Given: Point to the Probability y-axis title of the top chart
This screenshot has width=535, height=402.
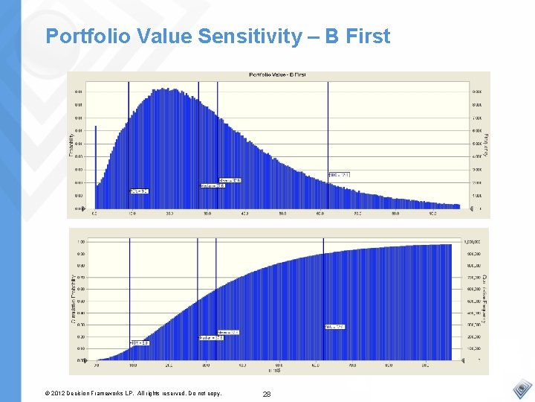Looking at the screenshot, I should (x=72, y=144).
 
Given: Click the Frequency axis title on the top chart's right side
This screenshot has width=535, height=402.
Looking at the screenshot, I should (x=486, y=144).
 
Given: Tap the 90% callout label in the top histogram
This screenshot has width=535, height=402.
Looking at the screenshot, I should (x=339, y=175).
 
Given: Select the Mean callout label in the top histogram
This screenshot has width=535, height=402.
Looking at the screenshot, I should (x=231, y=179).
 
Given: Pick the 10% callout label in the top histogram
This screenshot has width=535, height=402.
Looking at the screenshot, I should (x=139, y=191).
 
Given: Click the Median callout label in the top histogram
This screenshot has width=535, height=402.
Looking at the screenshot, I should (x=213, y=185).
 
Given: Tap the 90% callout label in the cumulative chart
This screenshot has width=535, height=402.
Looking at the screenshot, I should (x=334, y=327).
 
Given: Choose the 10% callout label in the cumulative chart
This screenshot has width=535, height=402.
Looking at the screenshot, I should (x=140, y=342).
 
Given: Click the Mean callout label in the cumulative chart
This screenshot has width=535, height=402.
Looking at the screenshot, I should (x=228, y=332).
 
